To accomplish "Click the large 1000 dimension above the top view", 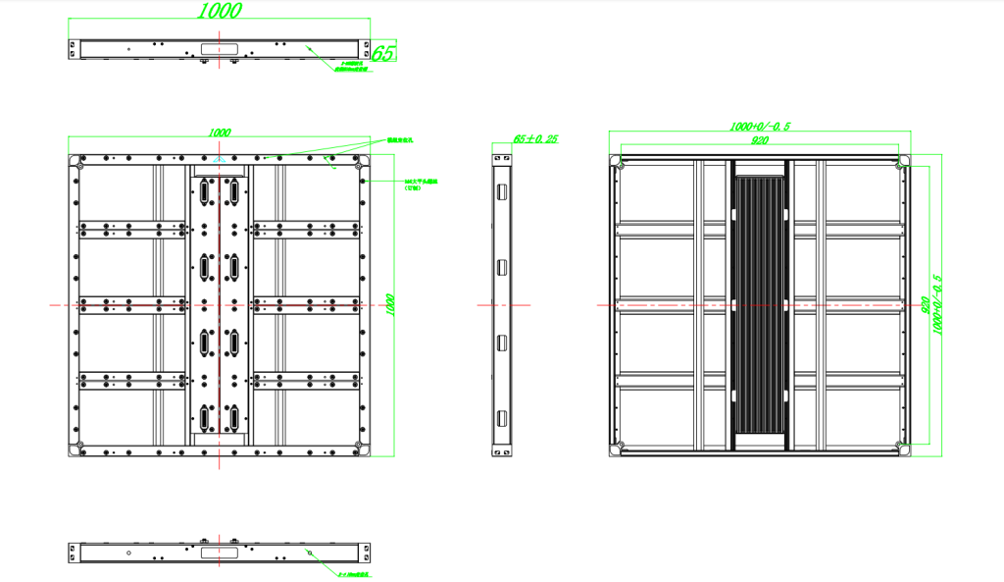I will point(220,11).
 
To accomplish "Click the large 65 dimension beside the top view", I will point(383,53).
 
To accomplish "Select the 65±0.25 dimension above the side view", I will point(535,139).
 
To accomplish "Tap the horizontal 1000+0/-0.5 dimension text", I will point(760,127).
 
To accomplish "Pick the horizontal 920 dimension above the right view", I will point(760,141).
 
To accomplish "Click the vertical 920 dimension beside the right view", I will point(924,304).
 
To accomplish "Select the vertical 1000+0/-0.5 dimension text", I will point(936,304).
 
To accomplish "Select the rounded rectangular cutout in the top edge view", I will point(219,47).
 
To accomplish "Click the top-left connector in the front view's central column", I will point(206,190).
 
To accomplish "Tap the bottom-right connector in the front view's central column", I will point(234,418).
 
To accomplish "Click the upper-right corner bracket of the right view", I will point(899,164).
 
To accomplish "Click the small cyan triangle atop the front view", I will point(220,158).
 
